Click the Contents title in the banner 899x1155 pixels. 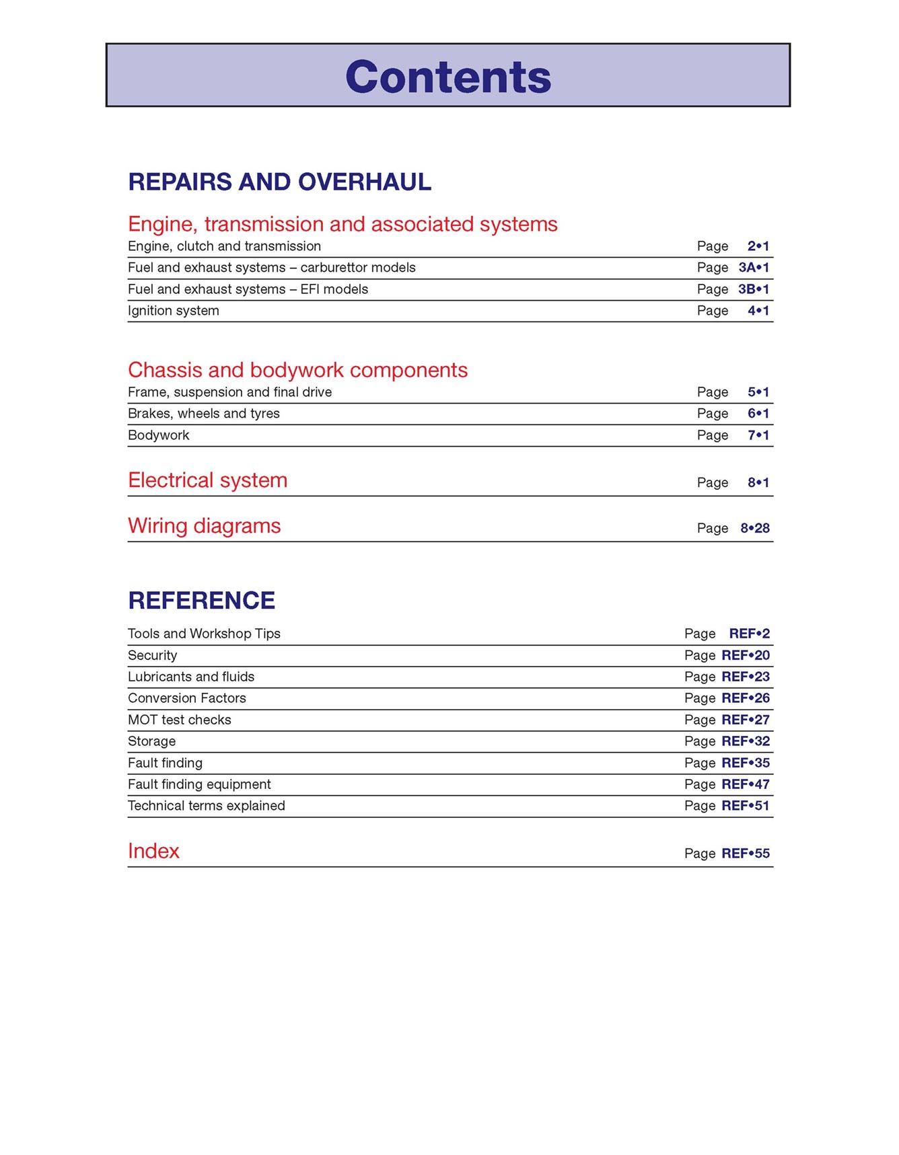(448, 77)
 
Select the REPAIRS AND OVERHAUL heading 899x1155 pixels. (279, 182)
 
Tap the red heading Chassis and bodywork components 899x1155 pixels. (297, 370)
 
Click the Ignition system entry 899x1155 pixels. (174, 311)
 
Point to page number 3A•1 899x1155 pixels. (754, 268)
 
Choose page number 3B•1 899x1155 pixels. (754, 289)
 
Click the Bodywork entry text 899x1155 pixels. (159, 435)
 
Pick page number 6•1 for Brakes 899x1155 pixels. (758, 414)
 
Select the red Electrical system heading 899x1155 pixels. (207, 480)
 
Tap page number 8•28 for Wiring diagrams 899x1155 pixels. (755, 528)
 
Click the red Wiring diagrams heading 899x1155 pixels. (204, 526)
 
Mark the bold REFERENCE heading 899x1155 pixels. (201, 601)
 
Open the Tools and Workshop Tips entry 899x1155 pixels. (204, 634)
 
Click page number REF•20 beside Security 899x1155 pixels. (746, 655)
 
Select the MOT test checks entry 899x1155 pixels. (180, 720)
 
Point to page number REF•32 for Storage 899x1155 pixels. (746, 741)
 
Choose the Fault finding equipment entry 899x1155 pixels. (199, 784)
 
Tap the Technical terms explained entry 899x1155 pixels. (207, 806)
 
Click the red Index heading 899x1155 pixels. (153, 852)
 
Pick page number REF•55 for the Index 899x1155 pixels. (746, 854)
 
